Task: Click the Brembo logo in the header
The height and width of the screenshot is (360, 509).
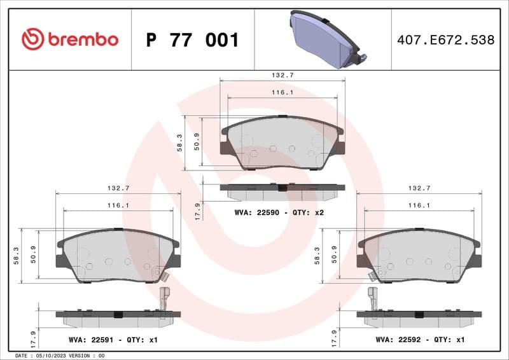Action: [x=70, y=39]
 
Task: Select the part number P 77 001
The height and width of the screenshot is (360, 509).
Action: [x=192, y=40]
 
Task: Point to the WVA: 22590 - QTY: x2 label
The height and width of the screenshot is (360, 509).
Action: [x=279, y=212]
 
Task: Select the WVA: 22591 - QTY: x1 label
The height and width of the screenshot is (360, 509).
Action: [x=113, y=340]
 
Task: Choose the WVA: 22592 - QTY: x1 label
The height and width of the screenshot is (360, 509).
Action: [x=420, y=340]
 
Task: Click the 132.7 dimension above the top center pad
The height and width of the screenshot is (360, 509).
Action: [x=282, y=75]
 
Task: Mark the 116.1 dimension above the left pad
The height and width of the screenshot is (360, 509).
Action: [x=118, y=205]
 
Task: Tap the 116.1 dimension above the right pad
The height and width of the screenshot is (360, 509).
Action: [x=419, y=205]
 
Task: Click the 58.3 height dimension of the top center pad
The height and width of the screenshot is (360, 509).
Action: [x=180, y=143]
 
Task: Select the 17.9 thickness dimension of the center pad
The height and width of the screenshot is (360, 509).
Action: [x=198, y=210]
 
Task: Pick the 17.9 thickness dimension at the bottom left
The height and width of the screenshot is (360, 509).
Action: [x=33, y=336]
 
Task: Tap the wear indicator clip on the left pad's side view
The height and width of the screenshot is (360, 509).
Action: [x=164, y=298]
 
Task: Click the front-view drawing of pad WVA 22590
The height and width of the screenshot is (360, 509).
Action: [x=282, y=143]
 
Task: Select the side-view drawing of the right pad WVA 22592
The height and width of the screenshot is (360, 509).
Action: [x=419, y=316]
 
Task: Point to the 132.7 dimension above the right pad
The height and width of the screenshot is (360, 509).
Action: [x=419, y=188]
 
